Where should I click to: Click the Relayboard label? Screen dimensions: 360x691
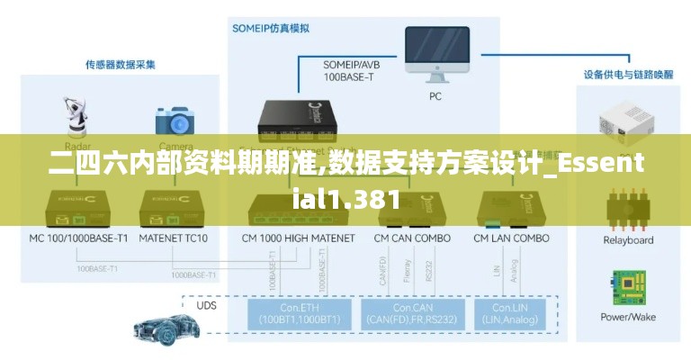click(627, 240)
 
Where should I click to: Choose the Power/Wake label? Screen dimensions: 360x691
click(627, 317)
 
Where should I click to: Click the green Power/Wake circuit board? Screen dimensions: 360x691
click(628, 287)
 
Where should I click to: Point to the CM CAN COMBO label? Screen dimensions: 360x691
click(412, 238)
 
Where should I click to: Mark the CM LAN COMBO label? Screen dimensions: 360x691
click(512, 238)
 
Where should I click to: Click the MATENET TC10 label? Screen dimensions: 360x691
click(174, 238)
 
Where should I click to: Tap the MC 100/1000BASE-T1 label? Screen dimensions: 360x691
click(79, 238)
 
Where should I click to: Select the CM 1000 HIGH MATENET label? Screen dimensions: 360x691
click(299, 238)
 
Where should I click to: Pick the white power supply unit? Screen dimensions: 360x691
click(627, 123)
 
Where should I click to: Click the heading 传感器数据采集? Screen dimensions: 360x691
click(121, 65)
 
